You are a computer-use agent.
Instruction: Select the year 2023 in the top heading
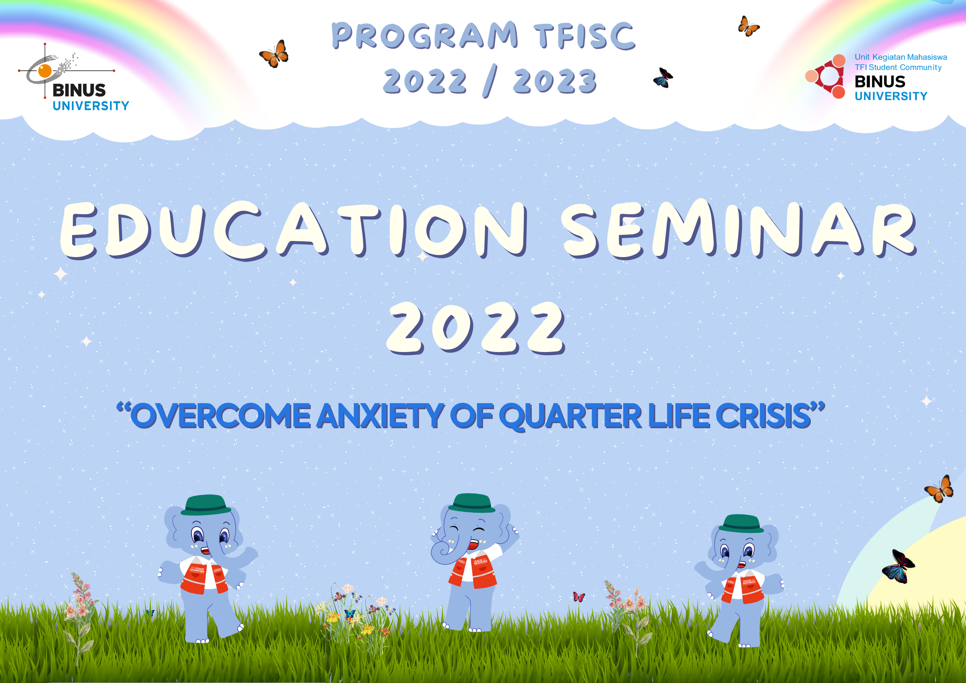554,81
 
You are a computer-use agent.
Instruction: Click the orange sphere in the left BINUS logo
45,71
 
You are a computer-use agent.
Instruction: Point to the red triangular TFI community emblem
827,76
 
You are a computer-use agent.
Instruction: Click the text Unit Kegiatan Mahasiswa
901,57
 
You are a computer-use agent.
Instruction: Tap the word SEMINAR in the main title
738,229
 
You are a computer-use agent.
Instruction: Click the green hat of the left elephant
206,505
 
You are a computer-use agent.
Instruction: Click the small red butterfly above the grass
579,597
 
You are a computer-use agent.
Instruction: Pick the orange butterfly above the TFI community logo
749,27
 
